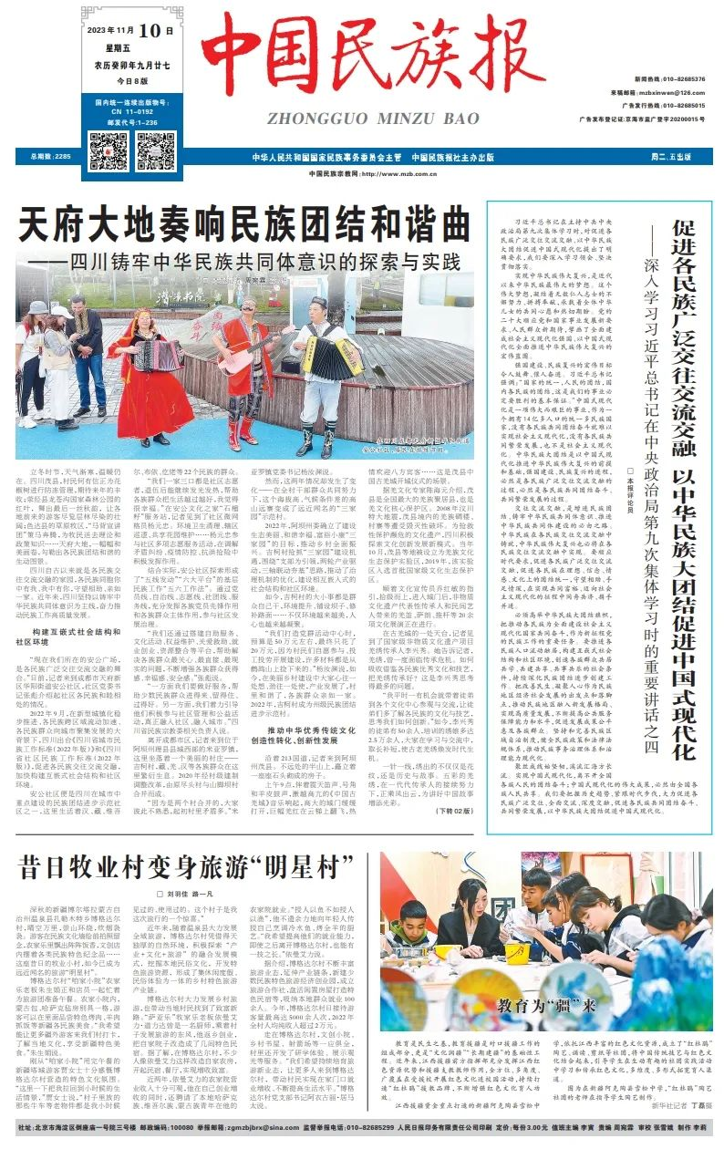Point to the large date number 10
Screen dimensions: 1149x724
[156, 30]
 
